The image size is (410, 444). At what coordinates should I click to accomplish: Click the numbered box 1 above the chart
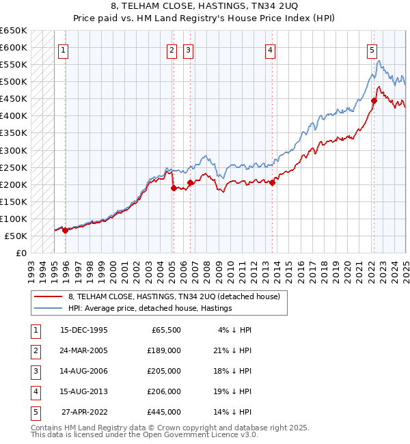pos(63,49)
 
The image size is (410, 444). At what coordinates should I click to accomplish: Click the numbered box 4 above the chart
pos(271,49)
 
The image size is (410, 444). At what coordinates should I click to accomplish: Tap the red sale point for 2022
pos(374,101)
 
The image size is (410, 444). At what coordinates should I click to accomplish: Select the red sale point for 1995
pos(65,231)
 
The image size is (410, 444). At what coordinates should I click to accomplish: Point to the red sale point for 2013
pos(272,182)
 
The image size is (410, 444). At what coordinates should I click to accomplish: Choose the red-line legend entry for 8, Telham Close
pos(174,296)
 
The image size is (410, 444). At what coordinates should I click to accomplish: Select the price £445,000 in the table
pos(164,412)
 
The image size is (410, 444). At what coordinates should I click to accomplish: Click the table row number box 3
pos(34,371)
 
